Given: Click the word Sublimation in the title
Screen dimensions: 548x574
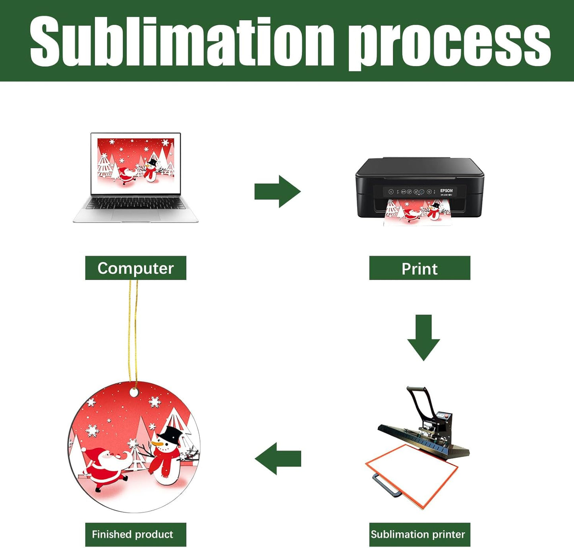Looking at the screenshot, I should [181, 42].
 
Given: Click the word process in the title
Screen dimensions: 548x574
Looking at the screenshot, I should [449, 44].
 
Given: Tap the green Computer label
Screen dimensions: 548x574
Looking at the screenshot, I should [135, 268].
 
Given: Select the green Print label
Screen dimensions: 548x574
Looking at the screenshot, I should [419, 268].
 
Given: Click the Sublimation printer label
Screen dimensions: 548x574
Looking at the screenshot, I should [419, 534].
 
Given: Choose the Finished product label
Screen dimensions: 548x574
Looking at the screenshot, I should [135, 534].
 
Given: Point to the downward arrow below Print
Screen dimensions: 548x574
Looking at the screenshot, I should [423, 337].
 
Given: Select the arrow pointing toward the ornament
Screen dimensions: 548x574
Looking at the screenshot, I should [278, 459].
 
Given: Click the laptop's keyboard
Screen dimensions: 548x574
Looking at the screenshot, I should [135, 204].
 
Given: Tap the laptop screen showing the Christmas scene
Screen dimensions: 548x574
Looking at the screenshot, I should [135, 163].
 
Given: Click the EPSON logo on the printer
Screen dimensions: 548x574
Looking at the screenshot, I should [446, 191].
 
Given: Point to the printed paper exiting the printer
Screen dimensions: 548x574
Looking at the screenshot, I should [417, 212].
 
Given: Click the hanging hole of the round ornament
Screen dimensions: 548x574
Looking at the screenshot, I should [134, 393].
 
